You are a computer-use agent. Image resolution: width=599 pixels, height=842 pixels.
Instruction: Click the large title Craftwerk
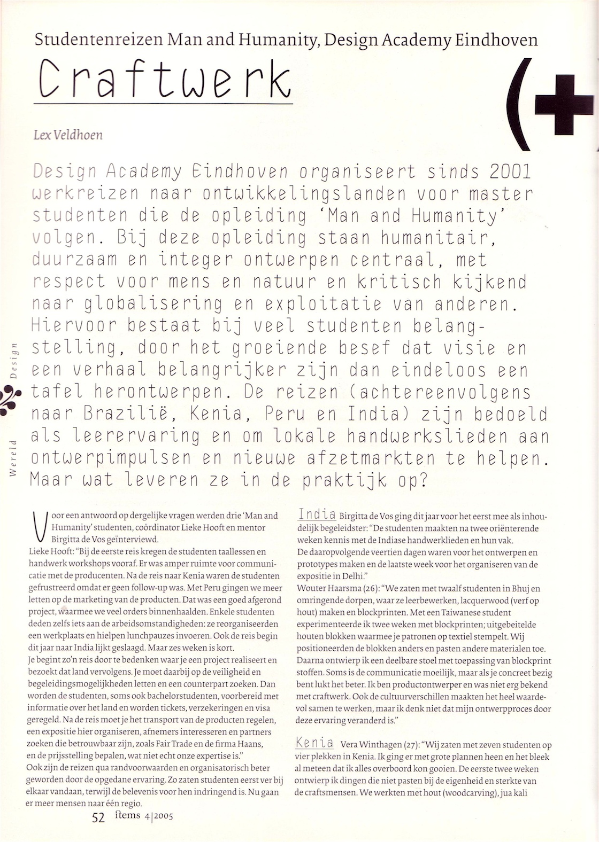click(x=165, y=79)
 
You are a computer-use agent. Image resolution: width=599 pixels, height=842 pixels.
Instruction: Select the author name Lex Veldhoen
click(x=68, y=135)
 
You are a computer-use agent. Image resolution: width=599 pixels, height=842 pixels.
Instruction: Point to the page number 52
click(x=98, y=817)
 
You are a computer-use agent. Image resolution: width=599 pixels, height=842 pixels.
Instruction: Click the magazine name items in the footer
click(x=127, y=815)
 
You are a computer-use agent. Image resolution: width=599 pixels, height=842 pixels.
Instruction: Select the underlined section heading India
click(x=317, y=515)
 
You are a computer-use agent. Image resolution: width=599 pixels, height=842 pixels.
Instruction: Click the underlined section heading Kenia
click(x=314, y=743)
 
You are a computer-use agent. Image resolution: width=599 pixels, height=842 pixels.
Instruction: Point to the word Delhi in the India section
click(x=352, y=576)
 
